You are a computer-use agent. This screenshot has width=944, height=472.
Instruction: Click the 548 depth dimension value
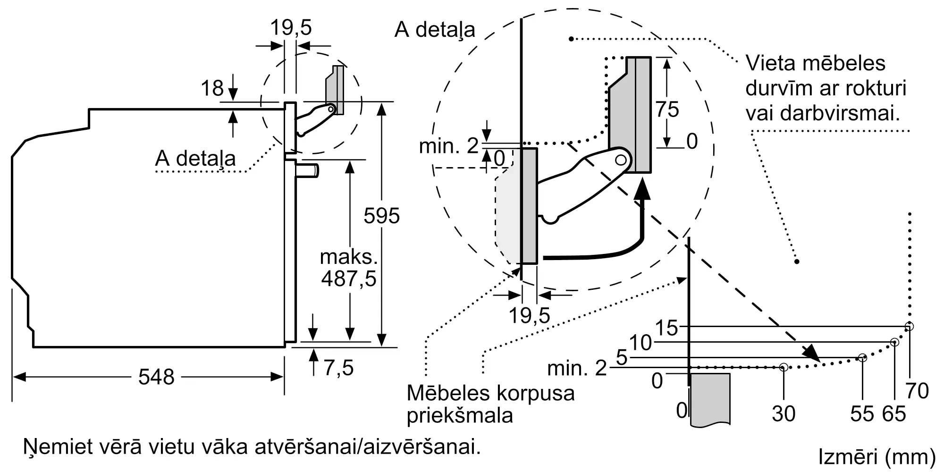[156, 377]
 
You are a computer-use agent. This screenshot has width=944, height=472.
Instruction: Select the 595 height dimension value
[381, 216]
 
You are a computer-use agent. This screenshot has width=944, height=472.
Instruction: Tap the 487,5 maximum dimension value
[349, 278]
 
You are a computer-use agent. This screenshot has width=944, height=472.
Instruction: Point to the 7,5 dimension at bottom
[338, 368]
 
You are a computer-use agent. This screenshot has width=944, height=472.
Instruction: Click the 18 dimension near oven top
[212, 88]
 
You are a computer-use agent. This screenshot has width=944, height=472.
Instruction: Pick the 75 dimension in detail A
[667, 110]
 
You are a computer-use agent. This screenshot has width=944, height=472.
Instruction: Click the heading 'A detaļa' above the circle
[435, 30]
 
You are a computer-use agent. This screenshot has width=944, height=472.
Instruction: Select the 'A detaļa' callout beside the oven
[195, 158]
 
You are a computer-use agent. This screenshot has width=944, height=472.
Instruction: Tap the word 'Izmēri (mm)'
[877, 456]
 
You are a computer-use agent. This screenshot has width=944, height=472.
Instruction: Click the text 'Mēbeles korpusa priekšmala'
[490, 404]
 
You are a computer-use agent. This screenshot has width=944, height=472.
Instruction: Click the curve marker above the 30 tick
[784, 367]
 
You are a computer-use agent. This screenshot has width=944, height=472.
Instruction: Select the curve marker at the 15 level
[910, 326]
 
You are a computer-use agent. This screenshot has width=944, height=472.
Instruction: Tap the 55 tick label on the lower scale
[862, 414]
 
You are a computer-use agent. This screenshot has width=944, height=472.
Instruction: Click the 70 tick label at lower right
[917, 391]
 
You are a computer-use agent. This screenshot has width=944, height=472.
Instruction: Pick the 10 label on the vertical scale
[641, 343]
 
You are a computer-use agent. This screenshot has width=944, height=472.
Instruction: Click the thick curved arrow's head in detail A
[641, 191]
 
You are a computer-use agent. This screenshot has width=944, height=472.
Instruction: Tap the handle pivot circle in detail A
[621, 160]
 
